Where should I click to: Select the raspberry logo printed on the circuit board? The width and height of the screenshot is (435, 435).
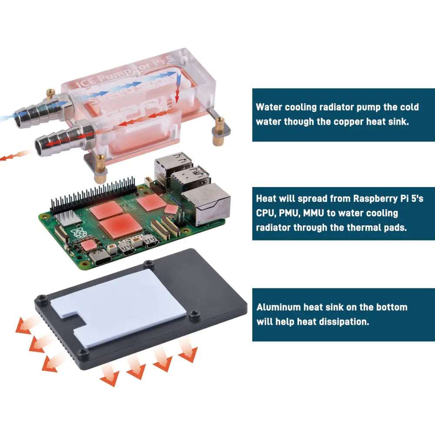(80, 232)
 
